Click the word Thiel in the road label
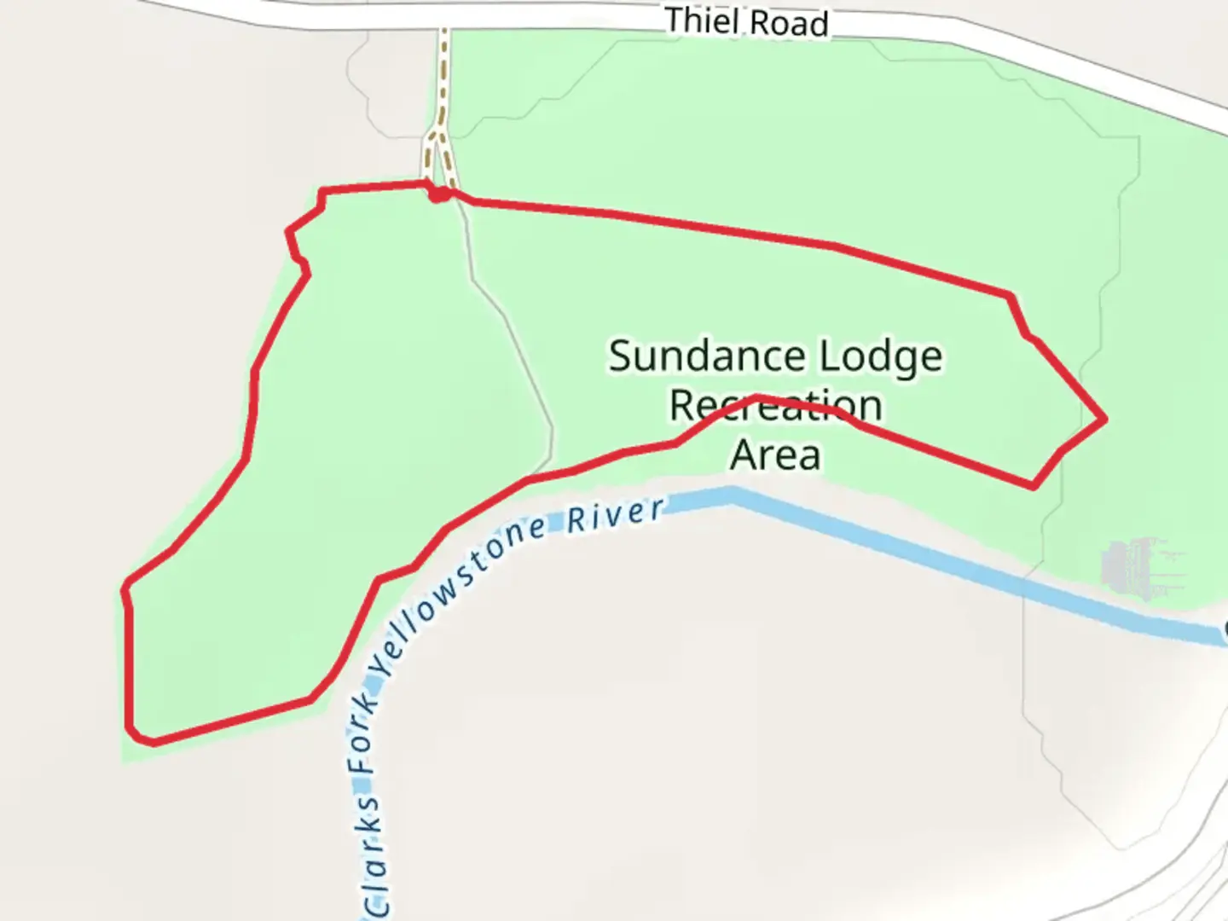coord(698,20)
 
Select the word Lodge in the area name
coord(880,358)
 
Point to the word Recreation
coord(774,406)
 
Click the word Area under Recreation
coord(775,455)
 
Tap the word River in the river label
coord(616,515)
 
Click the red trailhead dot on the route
coord(438,195)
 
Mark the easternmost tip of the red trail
coord(1105,419)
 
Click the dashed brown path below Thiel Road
coord(442,77)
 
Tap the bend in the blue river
coord(732,495)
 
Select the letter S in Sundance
coord(620,356)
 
